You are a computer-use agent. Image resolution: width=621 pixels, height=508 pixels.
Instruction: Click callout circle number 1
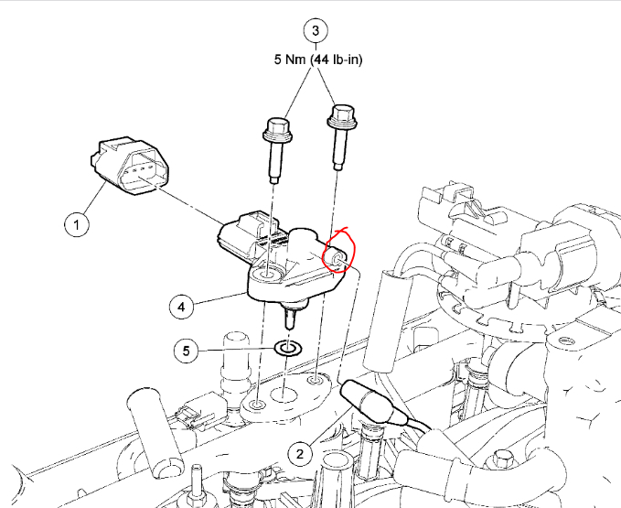[77, 222]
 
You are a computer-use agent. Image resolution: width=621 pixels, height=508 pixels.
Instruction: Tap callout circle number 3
[316, 30]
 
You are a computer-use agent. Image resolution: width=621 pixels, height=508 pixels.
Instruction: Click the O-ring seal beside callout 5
[289, 348]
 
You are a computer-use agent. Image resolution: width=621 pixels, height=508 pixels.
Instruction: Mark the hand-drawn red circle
[338, 254]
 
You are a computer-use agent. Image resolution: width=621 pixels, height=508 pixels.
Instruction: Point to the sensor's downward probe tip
[291, 319]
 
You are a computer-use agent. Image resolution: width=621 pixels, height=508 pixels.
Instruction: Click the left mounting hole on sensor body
[268, 275]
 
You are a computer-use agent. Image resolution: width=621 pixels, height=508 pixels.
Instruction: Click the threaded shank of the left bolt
[274, 163]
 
